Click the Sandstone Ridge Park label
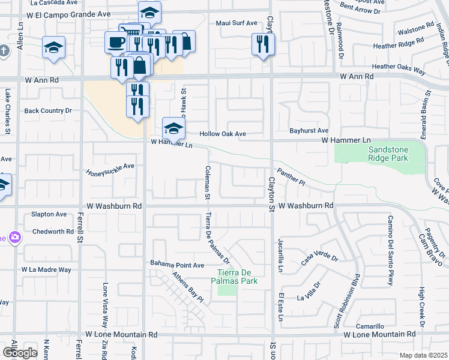click(388, 153)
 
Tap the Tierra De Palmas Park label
click(237, 276)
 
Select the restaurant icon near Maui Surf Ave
click(263, 44)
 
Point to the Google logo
click(20, 352)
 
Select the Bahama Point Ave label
click(177, 265)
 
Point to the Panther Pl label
click(291, 173)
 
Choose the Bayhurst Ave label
click(309, 130)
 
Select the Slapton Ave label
click(49, 214)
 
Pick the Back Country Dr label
click(48, 110)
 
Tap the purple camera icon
click(14, 237)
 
